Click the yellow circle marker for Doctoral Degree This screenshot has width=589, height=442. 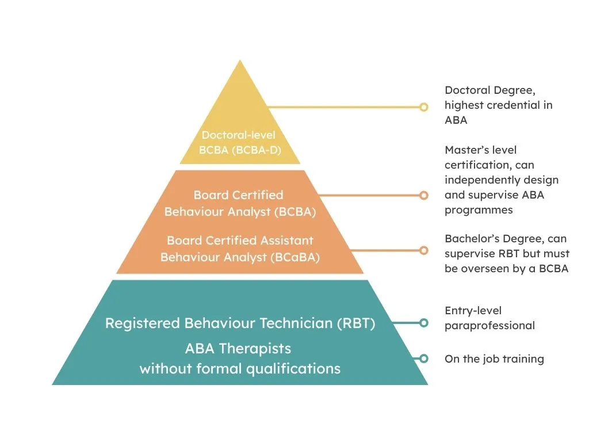click(424, 107)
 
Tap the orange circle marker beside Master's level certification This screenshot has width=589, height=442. click(424, 196)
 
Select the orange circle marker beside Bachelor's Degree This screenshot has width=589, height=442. click(424, 250)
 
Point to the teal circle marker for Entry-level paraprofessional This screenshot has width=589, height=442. click(424, 323)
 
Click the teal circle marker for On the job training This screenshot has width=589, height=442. click(424, 359)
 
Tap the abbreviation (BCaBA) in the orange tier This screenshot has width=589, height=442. click(294, 257)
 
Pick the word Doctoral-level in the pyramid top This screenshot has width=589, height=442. click(238, 136)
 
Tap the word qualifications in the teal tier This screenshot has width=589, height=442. click(293, 368)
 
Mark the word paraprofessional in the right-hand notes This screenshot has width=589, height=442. click(489, 326)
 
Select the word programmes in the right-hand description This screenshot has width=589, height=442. click(479, 210)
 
